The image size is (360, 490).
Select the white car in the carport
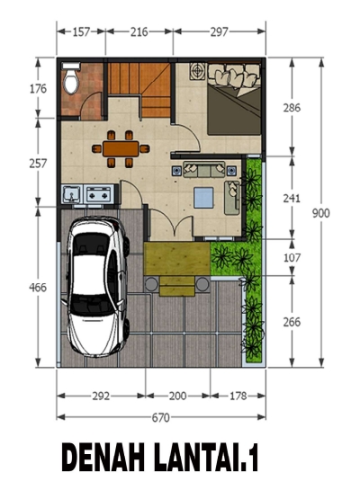click(96, 287)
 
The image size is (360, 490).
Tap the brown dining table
click(121, 148)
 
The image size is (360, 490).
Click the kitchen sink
click(72, 194)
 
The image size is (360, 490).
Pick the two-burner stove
click(98, 194)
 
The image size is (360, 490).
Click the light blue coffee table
click(203, 198)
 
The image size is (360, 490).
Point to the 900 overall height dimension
click(321, 213)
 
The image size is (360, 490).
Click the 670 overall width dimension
click(161, 417)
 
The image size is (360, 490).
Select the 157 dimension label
click(81, 31)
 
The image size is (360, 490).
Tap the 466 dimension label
click(38, 287)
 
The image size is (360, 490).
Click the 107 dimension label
click(292, 258)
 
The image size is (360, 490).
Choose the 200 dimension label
click(177, 396)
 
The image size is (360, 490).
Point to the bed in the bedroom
click(234, 100)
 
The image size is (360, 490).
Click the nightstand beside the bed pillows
click(197, 71)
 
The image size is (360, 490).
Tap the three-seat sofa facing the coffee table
click(204, 169)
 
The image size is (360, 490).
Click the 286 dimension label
click(292, 108)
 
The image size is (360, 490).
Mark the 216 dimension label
click(139, 31)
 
